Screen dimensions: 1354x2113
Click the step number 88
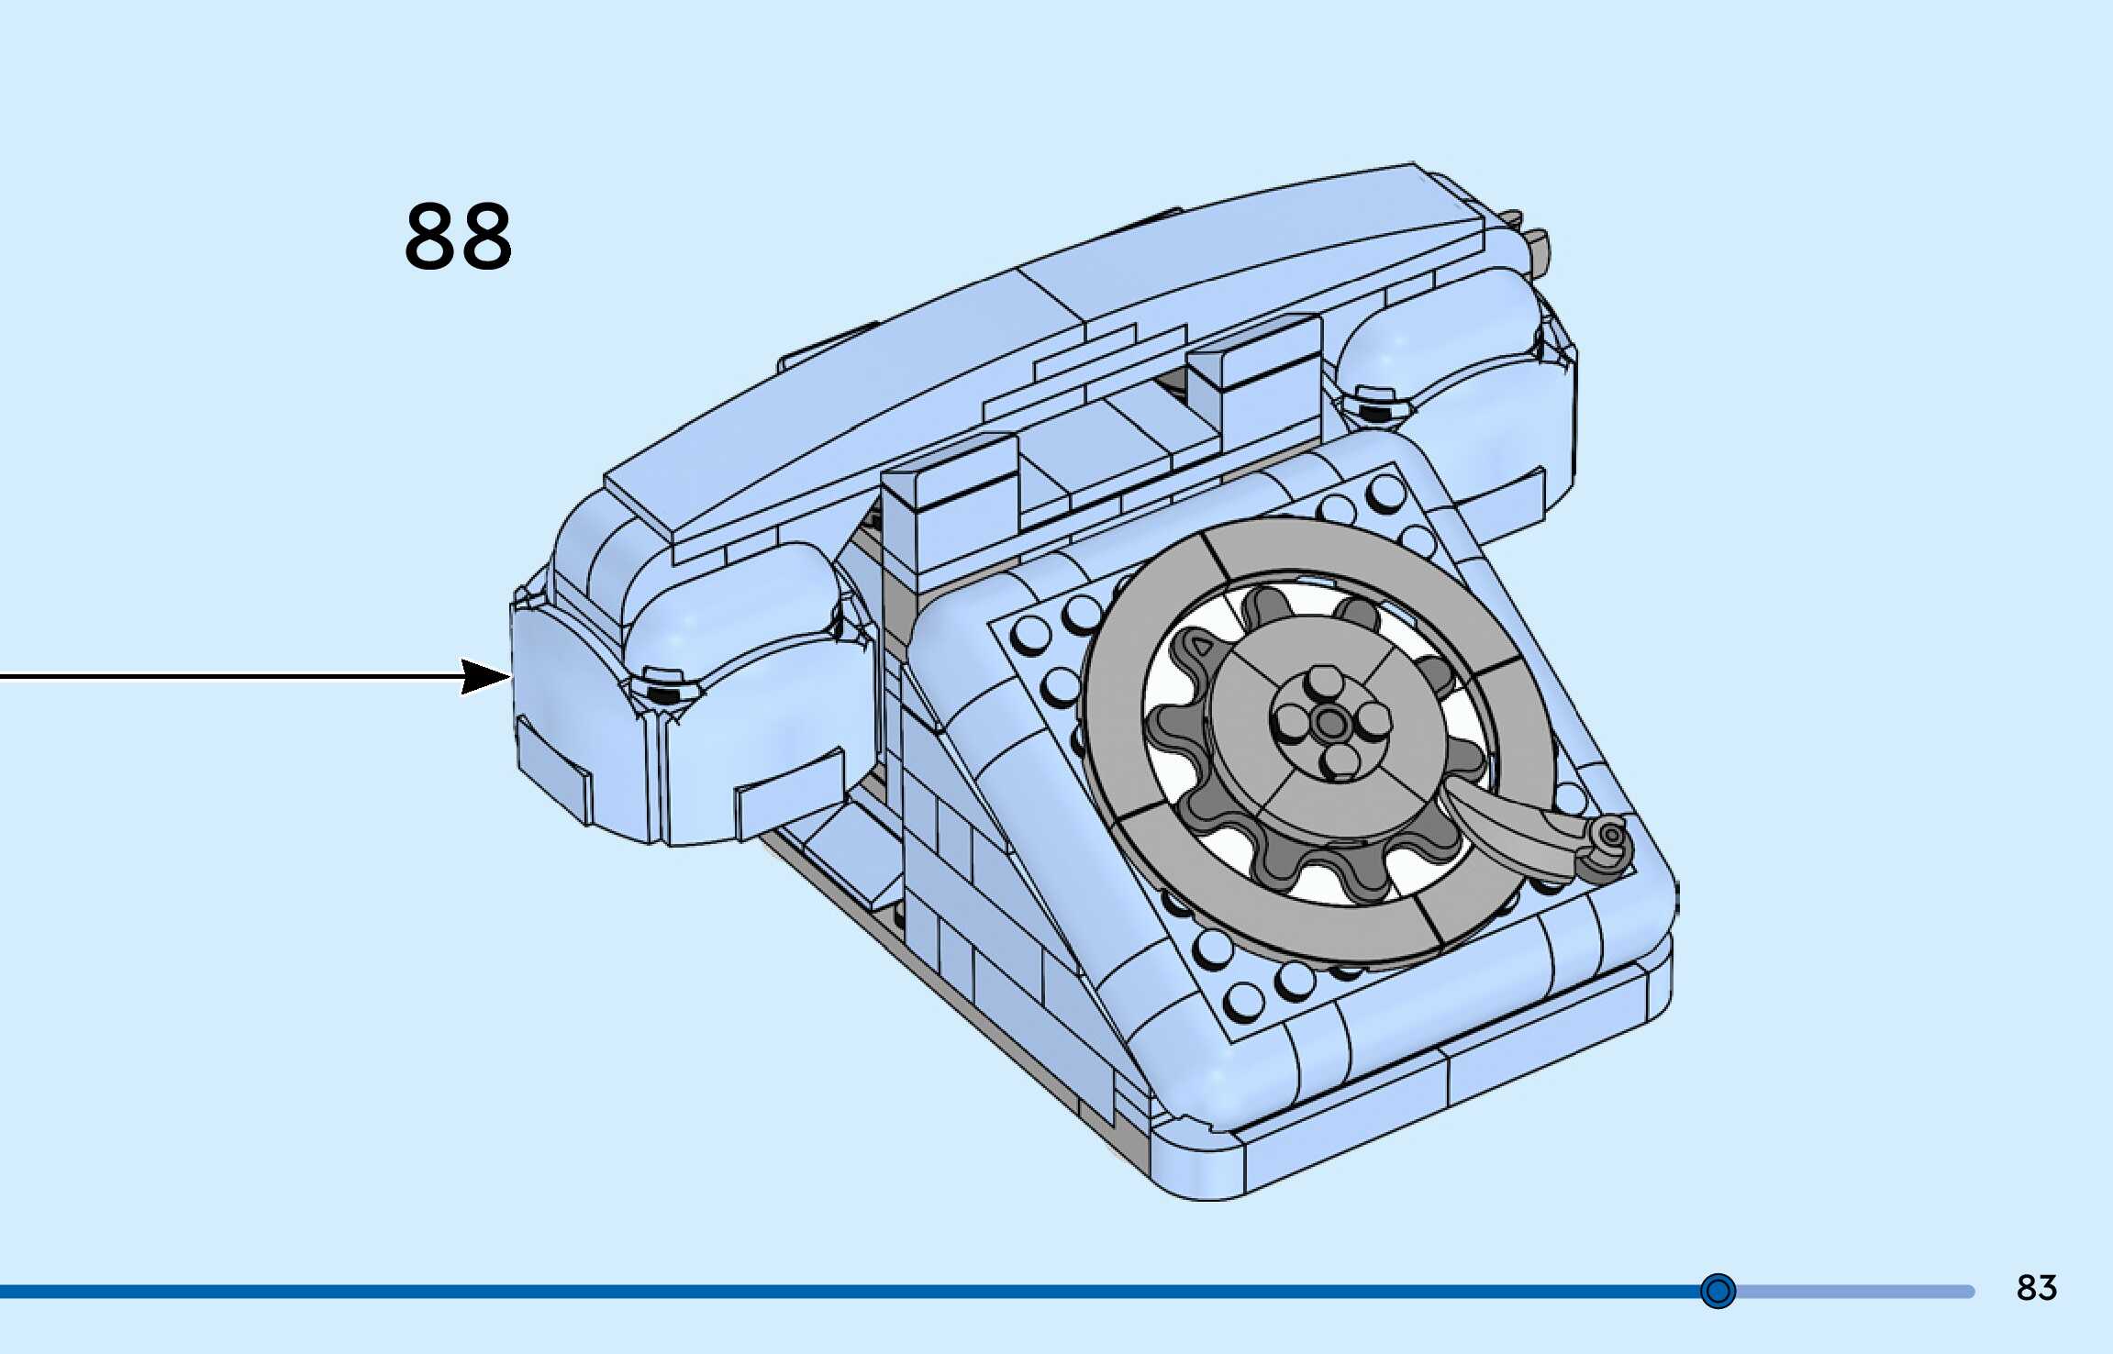point(458,237)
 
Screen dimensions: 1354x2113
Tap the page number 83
point(2036,1288)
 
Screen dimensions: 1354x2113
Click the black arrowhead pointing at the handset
point(484,677)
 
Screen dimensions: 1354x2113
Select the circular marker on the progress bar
point(1718,1291)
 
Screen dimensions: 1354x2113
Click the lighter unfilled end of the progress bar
point(1853,1292)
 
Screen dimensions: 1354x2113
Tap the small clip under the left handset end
point(662,688)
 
